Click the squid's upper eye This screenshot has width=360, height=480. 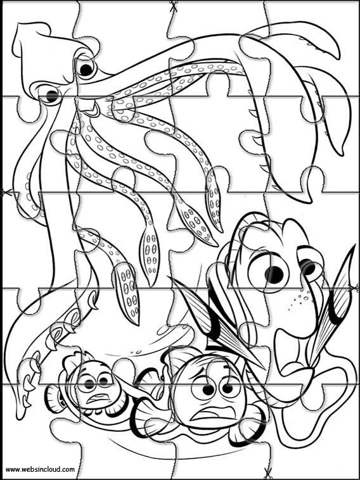(x=86, y=69)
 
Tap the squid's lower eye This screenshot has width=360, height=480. (x=51, y=95)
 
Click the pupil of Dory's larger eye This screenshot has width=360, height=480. (x=274, y=273)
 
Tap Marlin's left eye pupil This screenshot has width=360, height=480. (x=209, y=389)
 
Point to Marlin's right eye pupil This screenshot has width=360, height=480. (x=228, y=388)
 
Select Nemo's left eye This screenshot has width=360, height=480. (x=88, y=382)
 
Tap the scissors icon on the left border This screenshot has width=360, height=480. (x=5, y=193)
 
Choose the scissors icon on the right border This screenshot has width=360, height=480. (x=354, y=287)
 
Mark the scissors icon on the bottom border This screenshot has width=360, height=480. (x=267, y=473)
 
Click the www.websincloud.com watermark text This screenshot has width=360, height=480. (x=40, y=469)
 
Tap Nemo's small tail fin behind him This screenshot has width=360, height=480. (x=53, y=397)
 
